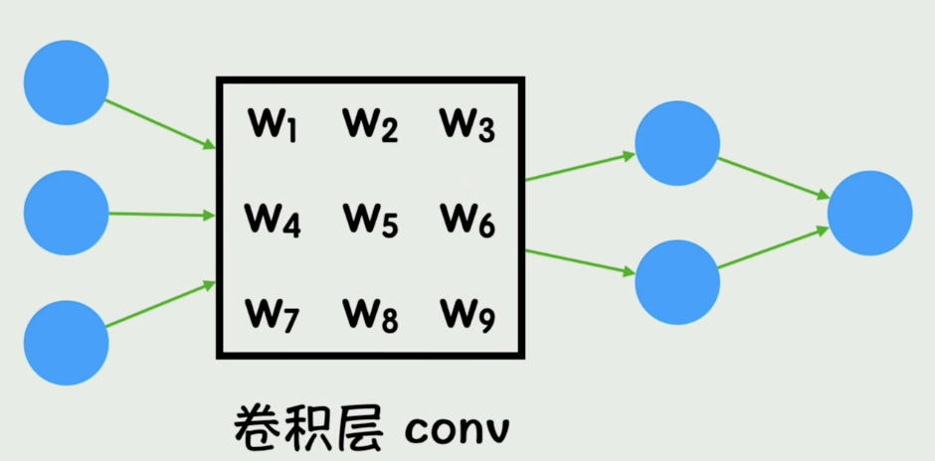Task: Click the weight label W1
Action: [273, 125]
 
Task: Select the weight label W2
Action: [370, 125]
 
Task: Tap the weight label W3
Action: [467, 125]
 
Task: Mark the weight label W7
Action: [273, 314]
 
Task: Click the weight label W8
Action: [370, 314]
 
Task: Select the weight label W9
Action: [467, 314]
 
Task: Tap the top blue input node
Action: [66, 82]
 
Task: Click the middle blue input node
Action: [66, 213]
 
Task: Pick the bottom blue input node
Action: [66, 343]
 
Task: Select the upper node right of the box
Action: [677, 143]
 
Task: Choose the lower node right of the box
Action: [677, 282]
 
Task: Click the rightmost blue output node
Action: [869, 213]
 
